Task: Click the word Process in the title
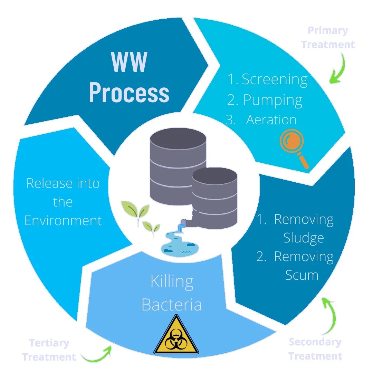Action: (x=129, y=92)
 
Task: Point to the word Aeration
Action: (x=271, y=120)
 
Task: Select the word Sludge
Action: (x=304, y=238)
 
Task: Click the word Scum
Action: (x=302, y=275)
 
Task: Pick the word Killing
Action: (x=172, y=282)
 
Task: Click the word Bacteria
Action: (x=172, y=305)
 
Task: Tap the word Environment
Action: (x=63, y=220)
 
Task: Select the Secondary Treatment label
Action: (x=315, y=349)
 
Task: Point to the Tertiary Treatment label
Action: (x=49, y=350)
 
